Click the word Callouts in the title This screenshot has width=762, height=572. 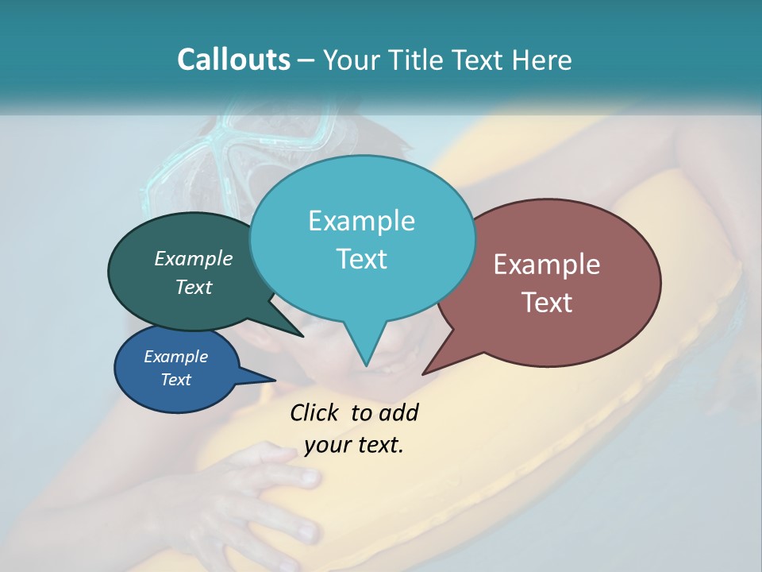233,60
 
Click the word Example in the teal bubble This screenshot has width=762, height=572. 361,221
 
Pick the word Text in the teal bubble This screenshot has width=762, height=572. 361,259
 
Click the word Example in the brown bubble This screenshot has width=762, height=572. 547,265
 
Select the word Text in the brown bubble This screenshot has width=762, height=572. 547,303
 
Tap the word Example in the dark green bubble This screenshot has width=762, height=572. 194,259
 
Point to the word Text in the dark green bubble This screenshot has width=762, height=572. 194,288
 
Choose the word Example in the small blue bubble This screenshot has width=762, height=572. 175,357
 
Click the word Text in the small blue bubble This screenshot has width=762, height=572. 175,380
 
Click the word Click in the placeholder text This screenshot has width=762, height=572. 316,413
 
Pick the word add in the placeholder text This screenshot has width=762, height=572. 398,413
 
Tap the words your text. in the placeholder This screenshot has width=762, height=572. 354,446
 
